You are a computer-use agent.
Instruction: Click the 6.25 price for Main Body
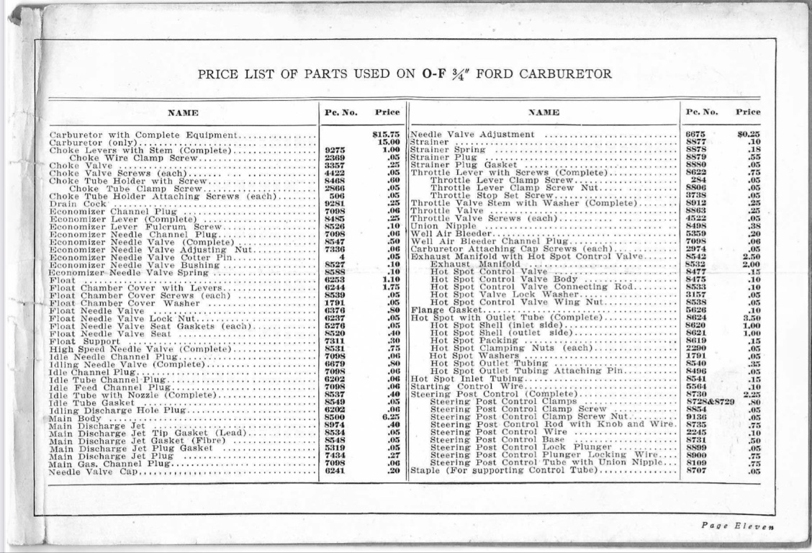(390, 418)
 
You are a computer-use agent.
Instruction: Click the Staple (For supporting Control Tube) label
(505, 471)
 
